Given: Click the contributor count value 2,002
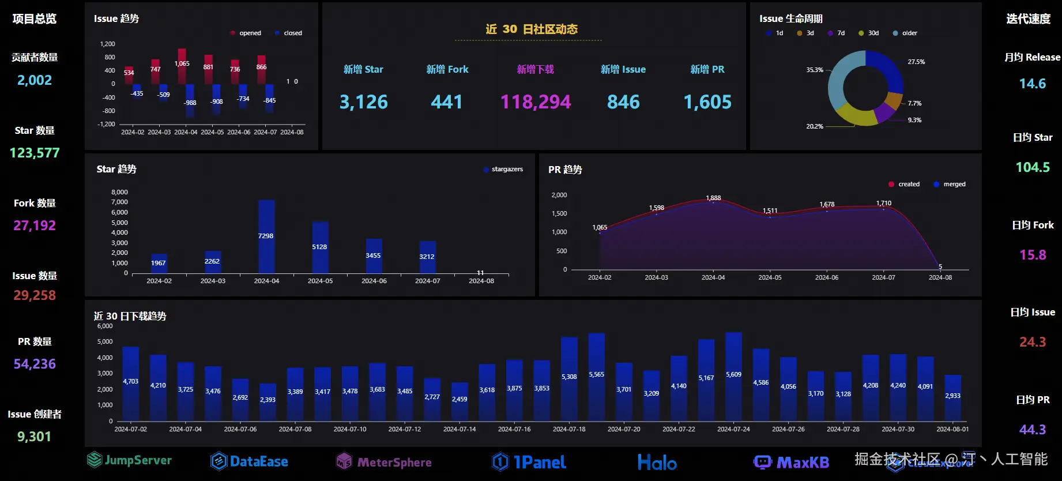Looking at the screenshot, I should coord(35,80).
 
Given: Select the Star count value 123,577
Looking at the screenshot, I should coord(35,153).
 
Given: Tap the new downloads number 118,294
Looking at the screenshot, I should coord(535,102).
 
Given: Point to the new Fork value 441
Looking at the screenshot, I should coord(446,102).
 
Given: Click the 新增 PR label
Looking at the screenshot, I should coord(707,69).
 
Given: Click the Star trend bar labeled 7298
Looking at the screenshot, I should coord(266,236).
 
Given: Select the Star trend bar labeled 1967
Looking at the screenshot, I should coord(159,263).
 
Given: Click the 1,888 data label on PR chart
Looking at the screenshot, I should coord(713,198).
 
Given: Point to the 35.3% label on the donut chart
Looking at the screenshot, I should coord(815,70).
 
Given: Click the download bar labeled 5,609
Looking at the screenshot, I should coord(733,375).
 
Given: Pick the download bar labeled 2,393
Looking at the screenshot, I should coord(268,401).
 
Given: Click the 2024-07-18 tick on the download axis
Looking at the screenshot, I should coord(569,429).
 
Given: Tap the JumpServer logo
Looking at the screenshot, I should coord(130,460).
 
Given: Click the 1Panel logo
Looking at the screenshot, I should coord(529,462).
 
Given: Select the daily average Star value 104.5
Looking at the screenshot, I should coord(1032,167).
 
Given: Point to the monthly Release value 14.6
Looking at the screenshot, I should coord(1032,84).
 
